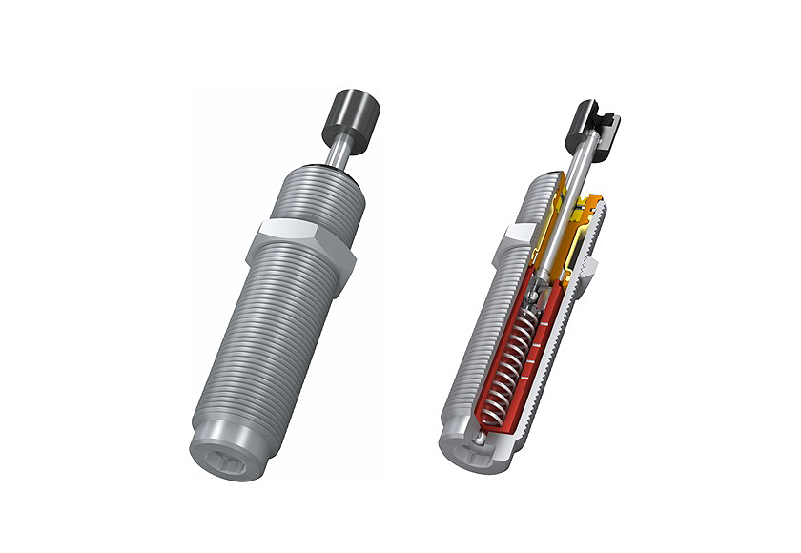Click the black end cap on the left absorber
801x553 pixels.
click(x=354, y=113)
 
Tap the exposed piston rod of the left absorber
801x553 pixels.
click(x=338, y=153)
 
